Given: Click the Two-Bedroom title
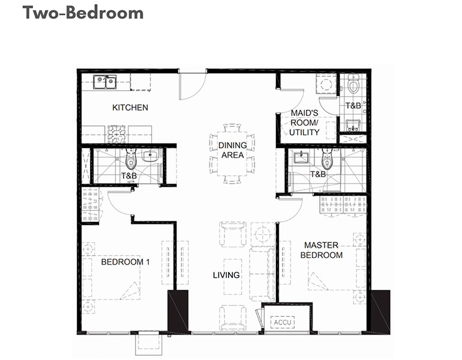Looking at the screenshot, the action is click(83, 13).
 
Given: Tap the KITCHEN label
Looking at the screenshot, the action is click(130, 107).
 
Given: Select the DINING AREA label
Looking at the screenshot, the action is click(232, 150).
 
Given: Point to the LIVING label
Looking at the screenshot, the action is click(226, 275).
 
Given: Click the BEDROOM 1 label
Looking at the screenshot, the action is click(125, 262).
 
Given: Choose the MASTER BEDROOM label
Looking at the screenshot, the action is click(322, 250).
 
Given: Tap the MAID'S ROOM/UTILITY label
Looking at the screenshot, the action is click(304, 122).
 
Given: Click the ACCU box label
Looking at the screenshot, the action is click(283, 322).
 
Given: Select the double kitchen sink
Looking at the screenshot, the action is click(105, 82).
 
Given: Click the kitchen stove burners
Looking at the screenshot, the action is click(116, 134).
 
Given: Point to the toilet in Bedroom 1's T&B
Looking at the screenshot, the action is click(131, 159).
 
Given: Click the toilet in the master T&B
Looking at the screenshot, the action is click(326, 159).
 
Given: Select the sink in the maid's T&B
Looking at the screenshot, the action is click(352, 125).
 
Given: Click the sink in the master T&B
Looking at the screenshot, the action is click(301, 157).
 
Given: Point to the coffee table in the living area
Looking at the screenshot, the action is click(233, 277).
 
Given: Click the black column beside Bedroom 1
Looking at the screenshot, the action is click(178, 311).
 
